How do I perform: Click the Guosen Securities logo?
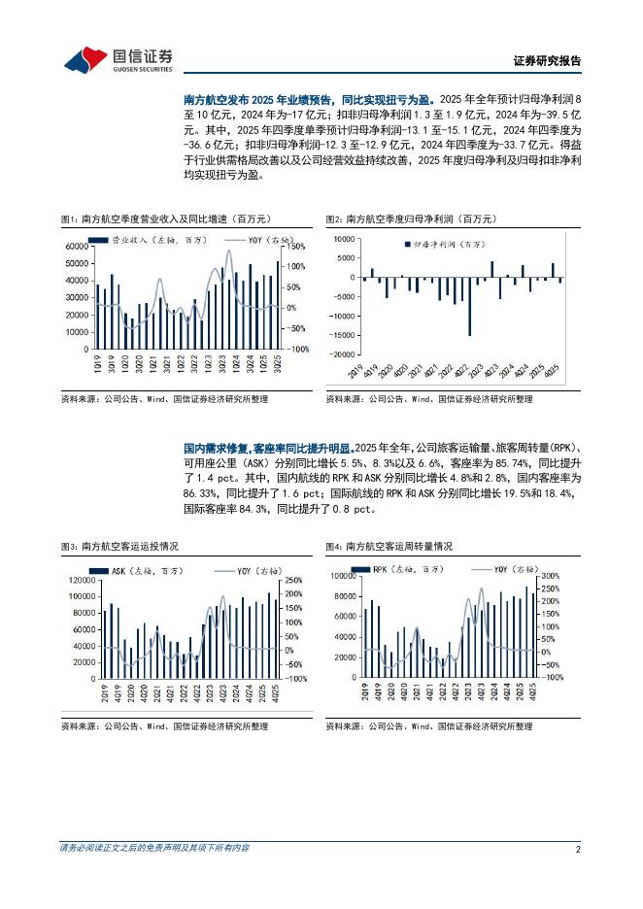tap(118, 59)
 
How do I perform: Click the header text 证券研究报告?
tap(546, 61)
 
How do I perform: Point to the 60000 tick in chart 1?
tap(77, 247)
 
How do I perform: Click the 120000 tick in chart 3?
tap(81, 581)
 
